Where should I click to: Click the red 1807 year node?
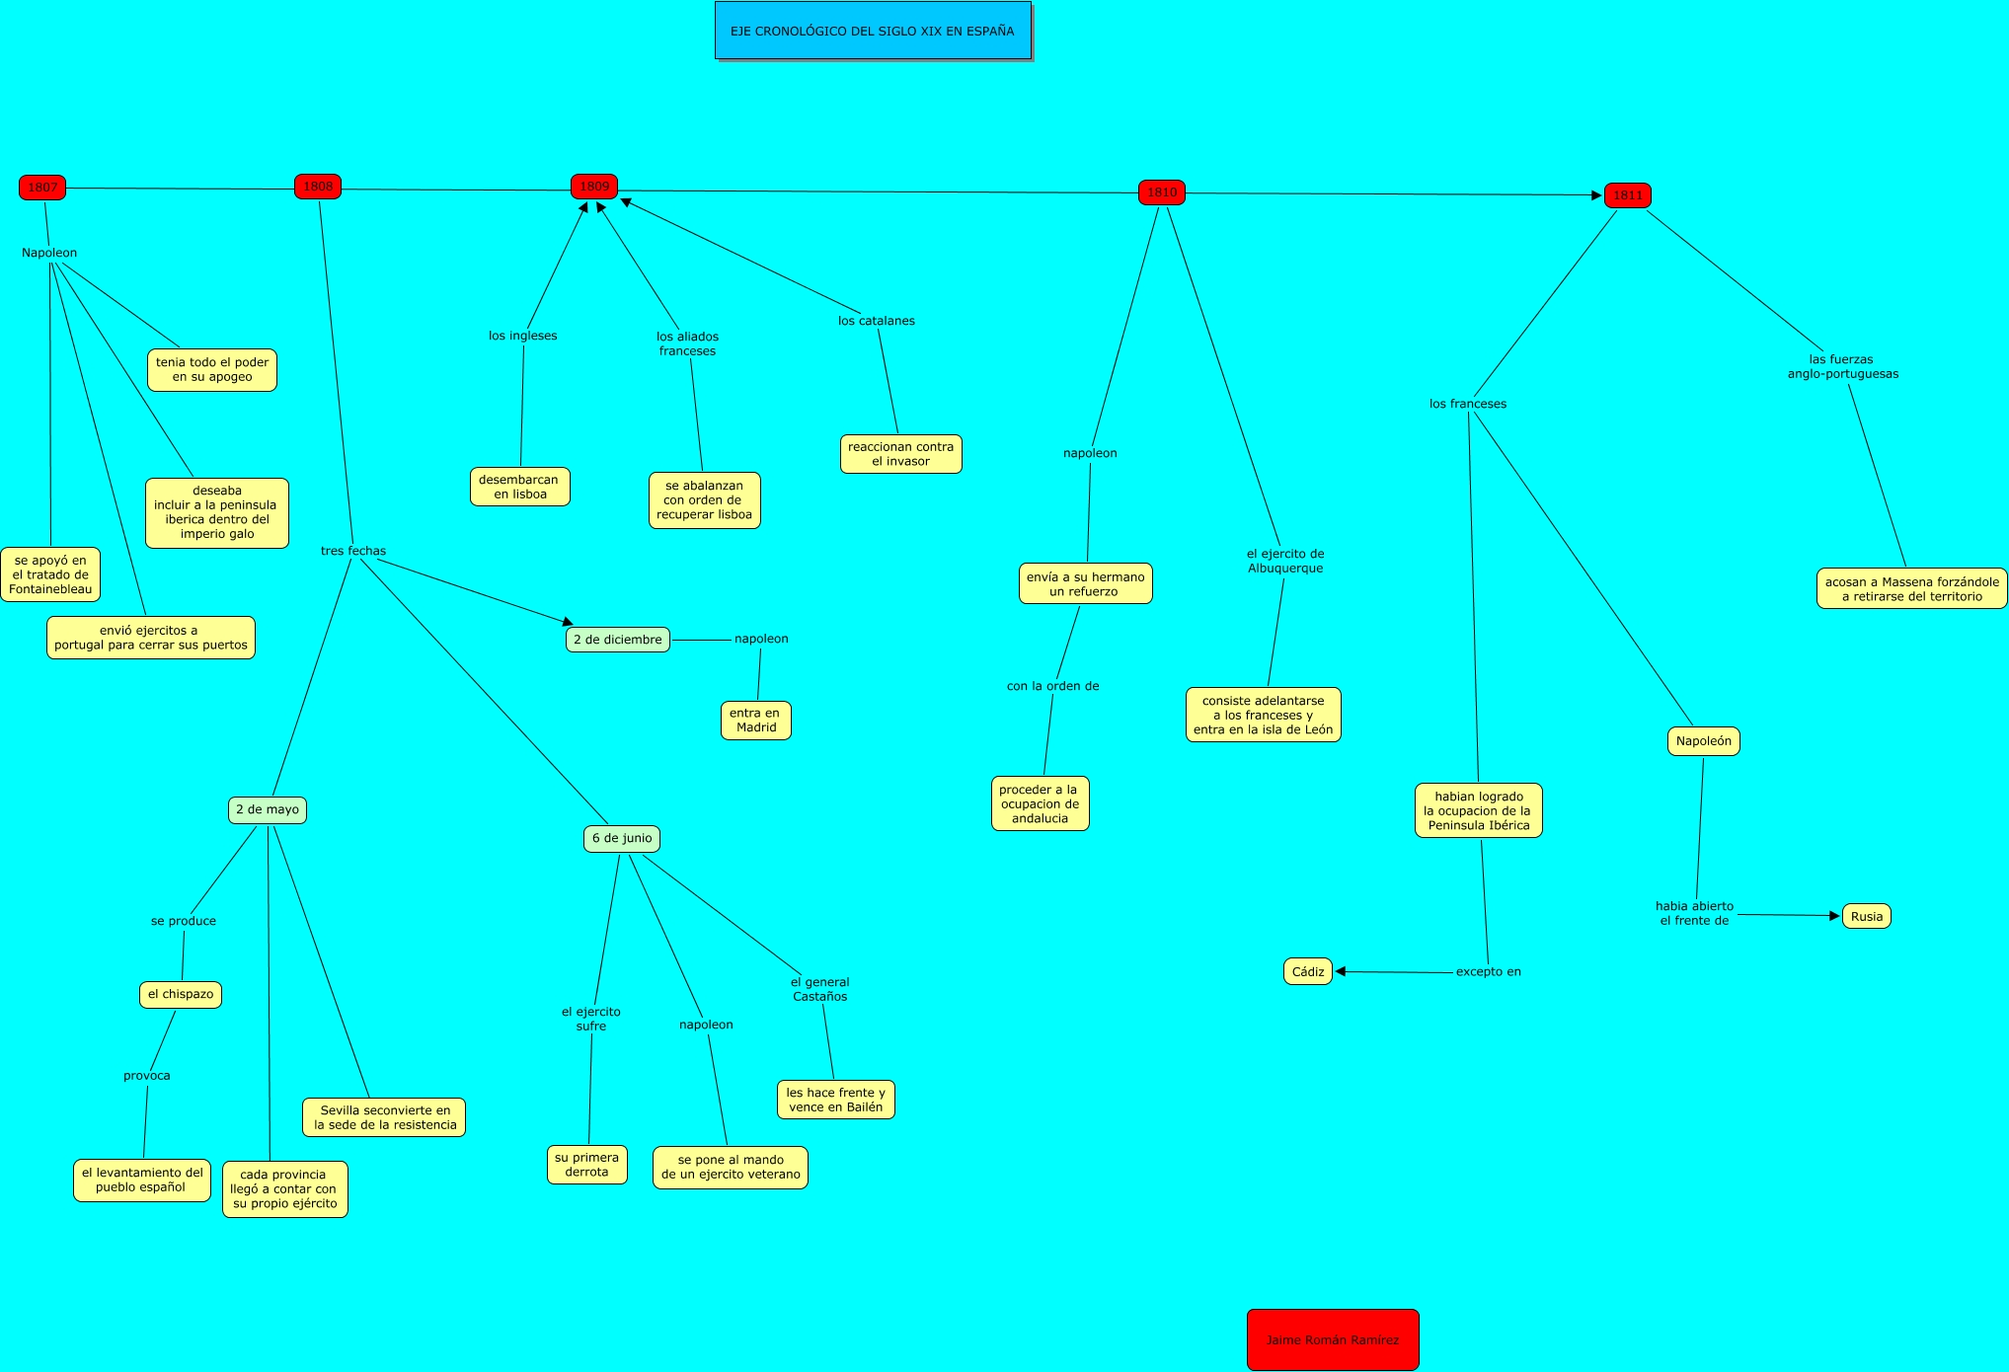[42, 188]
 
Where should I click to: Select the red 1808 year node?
[318, 187]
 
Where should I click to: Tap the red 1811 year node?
[1627, 195]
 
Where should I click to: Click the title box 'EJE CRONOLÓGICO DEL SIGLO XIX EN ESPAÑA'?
[873, 31]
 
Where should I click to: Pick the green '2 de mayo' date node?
[268, 809]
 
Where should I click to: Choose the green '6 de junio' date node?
[622, 838]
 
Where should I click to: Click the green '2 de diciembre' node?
[618, 640]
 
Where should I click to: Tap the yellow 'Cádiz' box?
[1308, 971]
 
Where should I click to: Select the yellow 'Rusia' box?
[1866, 916]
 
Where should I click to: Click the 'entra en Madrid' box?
[756, 720]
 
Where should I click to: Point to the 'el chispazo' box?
[181, 994]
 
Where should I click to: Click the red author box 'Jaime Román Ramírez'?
[1333, 1339]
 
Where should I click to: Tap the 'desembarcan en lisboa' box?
[519, 487]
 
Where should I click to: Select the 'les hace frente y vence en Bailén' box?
[835, 1100]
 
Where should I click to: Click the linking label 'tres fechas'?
[353, 551]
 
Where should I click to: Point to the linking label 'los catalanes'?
[877, 321]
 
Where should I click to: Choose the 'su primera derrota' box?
[587, 1165]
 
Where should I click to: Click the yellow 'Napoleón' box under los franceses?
[1703, 741]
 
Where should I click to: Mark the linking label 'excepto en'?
[1488, 971]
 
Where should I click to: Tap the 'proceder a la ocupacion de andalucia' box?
[1040, 803]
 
